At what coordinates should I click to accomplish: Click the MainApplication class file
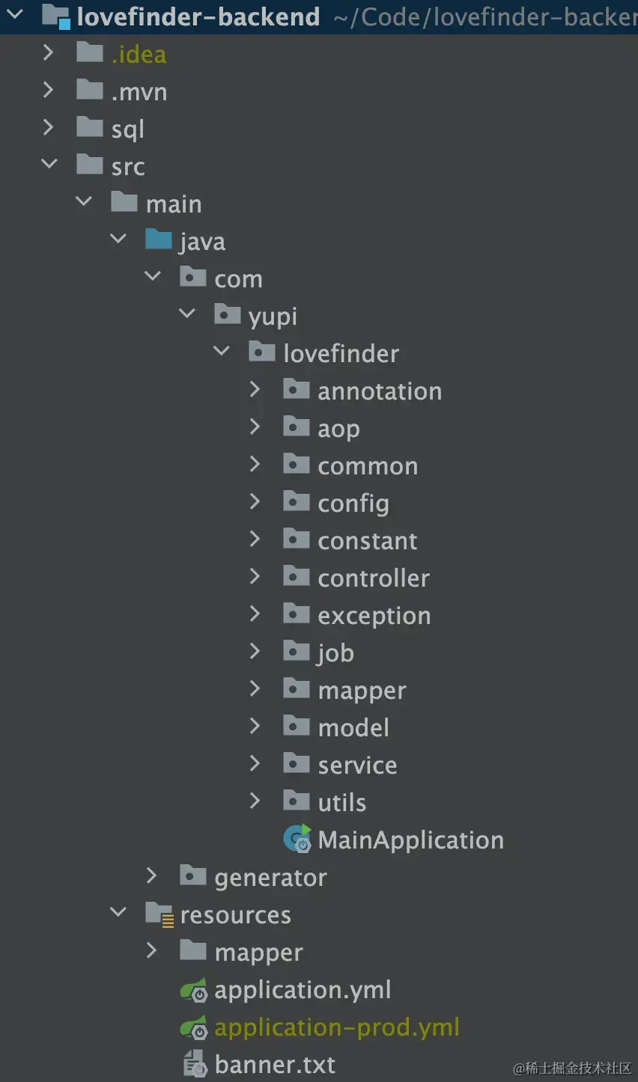[x=410, y=840]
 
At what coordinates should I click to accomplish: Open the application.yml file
[x=303, y=989]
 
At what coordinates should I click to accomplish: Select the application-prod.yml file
[x=336, y=1027]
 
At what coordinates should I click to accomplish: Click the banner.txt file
[x=275, y=1064]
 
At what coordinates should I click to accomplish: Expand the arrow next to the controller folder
[x=255, y=576]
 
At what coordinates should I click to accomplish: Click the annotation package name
[x=380, y=391]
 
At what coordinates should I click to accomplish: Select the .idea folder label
[x=139, y=54]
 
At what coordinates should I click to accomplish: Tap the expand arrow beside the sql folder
[x=49, y=127]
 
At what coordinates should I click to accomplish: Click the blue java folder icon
[x=159, y=239]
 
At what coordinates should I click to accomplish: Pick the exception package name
[x=374, y=615]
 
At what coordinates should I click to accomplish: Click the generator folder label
[x=270, y=877]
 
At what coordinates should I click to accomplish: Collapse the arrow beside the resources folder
[x=118, y=912]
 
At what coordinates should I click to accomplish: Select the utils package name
[x=341, y=802]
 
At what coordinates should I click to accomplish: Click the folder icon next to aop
[x=297, y=427]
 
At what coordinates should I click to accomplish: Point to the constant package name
[x=367, y=540]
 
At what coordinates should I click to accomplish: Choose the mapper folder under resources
[x=258, y=952]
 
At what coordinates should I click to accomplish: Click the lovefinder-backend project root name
[x=198, y=16]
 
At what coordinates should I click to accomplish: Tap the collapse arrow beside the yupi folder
[x=187, y=314]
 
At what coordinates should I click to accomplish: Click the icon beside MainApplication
[x=297, y=839]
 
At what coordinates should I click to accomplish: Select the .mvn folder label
[x=139, y=91]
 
